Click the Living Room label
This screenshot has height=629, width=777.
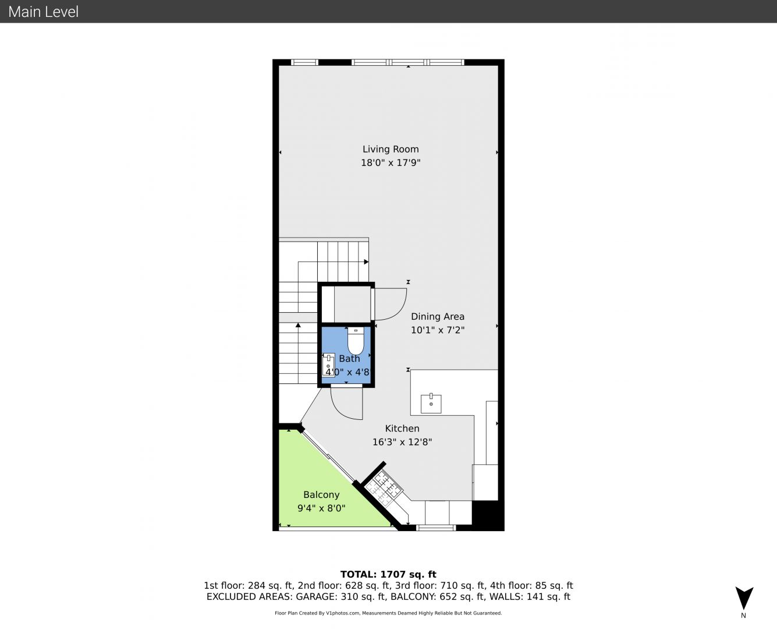(x=391, y=149)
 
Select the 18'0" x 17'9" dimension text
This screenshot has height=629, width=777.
(x=391, y=163)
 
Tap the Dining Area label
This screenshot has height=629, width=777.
(x=437, y=316)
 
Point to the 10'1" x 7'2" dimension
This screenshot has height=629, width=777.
(x=437, y=330)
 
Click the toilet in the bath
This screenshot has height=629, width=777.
(x=356, y=341)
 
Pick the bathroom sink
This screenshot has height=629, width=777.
(x=328, y=365)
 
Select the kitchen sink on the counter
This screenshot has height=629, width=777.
(x=431, y=404)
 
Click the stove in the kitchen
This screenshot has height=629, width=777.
(x=384, y=487)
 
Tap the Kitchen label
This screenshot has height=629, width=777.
(x=402, y=429)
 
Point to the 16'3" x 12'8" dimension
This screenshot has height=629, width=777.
(x=402, y=442)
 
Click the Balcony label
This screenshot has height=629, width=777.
(x=321, y=494)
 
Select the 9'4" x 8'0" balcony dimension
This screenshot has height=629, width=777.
(x=321, y=508)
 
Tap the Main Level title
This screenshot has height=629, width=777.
(x=44, y=12)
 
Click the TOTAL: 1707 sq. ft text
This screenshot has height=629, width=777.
(x=388, y=574)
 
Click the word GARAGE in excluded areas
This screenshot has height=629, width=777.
(x=316, y=596)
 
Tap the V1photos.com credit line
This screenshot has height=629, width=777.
(x=388, y=613)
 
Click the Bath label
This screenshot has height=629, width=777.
(x=349, y=359)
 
